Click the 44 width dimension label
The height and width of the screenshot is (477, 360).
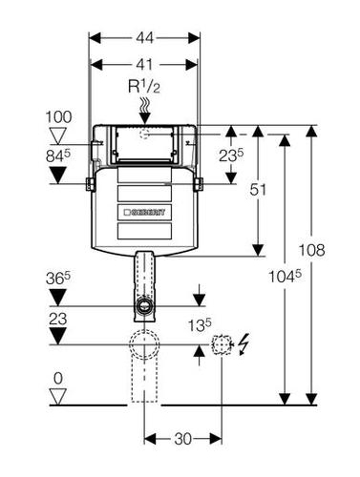pyautogui.click(x=145, y=38)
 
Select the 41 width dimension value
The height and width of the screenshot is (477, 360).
pyautogui.click(x=144, y=65)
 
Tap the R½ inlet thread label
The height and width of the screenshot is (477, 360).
pyautogui.click(x=144, y=87)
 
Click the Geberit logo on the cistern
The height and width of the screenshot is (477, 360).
pyautogui.click(x=144, y=212)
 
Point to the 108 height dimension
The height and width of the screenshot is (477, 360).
pyautogui.click(x=311, y=250)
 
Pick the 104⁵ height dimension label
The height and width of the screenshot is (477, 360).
pyautogui.click(x=286, y=276)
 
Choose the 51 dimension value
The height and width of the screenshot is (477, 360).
pyautogui.click(x=258, y=190)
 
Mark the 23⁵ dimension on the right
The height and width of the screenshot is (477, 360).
pyautogui.click(x=231, y=156)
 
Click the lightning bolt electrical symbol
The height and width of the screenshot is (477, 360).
pyautogui.click(x=244, y=344)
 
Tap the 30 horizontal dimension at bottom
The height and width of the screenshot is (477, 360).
pyautogui.click(x=183, y=439)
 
